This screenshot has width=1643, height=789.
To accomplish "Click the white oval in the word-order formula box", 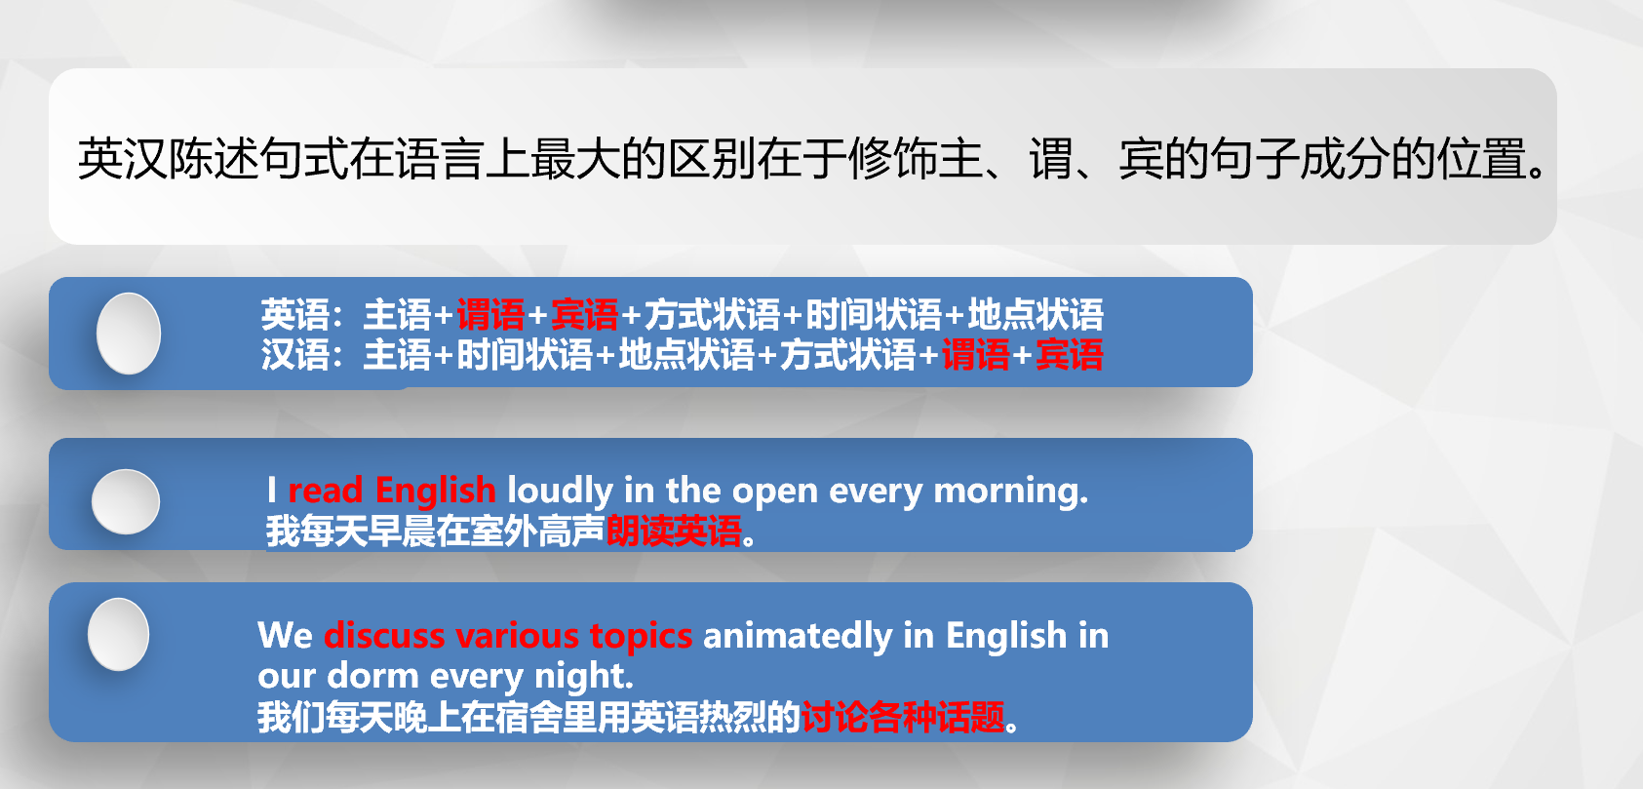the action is click(x=129, y=334).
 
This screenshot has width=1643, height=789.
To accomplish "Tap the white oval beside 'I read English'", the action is click(x=126, y=501).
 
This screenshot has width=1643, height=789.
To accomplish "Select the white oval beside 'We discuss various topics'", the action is click(x=118, y=634).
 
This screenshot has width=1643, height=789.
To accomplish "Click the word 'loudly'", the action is click(x=561, y=491).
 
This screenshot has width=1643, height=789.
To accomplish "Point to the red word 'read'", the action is click(x=325, y=491).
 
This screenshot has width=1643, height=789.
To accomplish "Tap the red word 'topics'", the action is click(x=641, y=636).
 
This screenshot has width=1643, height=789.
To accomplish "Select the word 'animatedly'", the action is click(x=798, y=636).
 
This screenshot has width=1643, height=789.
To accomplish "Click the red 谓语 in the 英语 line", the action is click(x=490, y=315).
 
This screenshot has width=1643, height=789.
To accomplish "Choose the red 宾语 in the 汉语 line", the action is click(x=1070, y=355).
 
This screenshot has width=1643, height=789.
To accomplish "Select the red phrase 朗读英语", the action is click(x=674, y=531).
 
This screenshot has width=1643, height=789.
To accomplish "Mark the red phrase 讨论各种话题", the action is click(x=903, y=717).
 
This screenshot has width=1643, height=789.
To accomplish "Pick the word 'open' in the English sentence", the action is click(x=774, y=492).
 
